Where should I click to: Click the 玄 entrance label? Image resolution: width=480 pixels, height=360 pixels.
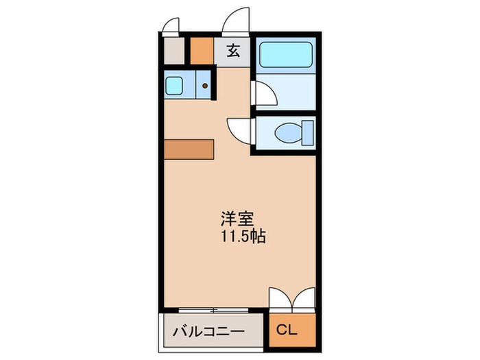pyautogui.click(x=233, y=51)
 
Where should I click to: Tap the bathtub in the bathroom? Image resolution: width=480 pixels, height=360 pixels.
pyautogui.click(x=286, y=54)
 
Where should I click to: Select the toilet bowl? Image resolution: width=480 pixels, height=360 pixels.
pyautogui.click(x=288, y=133)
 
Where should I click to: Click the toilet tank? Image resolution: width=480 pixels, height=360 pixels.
pyautogui.click(x=308, y=133)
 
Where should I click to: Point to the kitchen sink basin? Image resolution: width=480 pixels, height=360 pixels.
pyautogui.click(x=174, y=86)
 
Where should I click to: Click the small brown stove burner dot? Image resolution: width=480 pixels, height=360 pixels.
pyautogui.click(x=205, y=86)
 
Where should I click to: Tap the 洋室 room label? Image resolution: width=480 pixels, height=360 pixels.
pyautogui.click(x=237, y=219)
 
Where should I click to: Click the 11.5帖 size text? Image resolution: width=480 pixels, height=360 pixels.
pyautogui.click(x=243, y=237)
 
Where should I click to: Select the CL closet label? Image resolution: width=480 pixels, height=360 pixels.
pyautogui.click(x=287, y=330)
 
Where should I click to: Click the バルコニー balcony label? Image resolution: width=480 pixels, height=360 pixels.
pyautogui.click(x=209, y=331)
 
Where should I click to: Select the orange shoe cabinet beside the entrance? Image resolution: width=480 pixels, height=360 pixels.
pyautogui.click(x=202, y=51)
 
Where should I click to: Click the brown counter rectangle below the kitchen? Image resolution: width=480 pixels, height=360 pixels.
pyautogui.click(x=189, y=149)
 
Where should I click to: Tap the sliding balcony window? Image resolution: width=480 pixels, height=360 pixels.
pyautogui.click(x=213, y=311)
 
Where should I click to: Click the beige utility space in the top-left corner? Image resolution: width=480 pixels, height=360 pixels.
pyautogui.click(x=174, y=51)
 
